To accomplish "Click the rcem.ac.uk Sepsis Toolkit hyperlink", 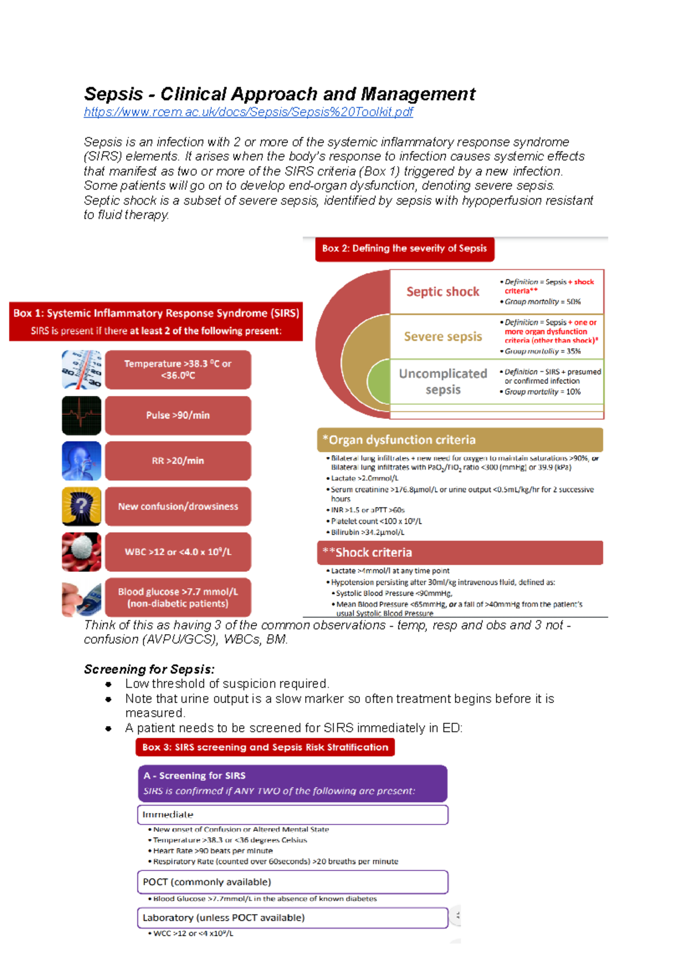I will (x=248, y=112).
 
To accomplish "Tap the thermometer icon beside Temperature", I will (x=82, y=369).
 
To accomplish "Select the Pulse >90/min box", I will (x=178, y=415).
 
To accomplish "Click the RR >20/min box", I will (x=178, y=461).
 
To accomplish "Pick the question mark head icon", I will (x=82, y=506).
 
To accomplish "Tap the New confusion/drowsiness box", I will (x=178, y=506).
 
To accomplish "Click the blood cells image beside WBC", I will (x=82, y=552).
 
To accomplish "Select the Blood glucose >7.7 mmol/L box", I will (x=178, y=597).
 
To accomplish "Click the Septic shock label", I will (x=442, y=292).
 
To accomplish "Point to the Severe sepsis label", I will (x=442, y=337).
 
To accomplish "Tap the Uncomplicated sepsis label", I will (x=442, y=381).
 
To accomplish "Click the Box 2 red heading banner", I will (x=404, y=249).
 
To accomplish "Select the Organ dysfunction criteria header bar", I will (x=460, y=440).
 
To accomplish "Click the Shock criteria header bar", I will (x=460, y=552).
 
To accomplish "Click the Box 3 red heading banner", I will (x=265, y=747).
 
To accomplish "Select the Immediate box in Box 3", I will (x=293, y=815).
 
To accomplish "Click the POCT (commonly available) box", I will (x=293, y=882).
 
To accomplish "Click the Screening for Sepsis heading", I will (x=149, y=669).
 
